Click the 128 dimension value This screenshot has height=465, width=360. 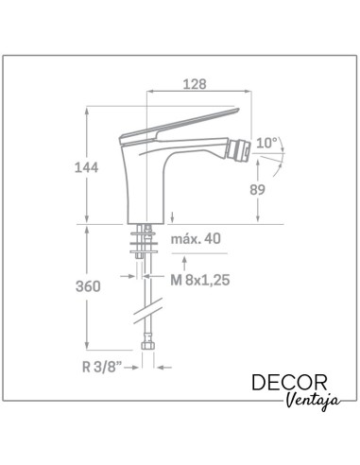point(195,84)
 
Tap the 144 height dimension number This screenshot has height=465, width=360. point(86,167)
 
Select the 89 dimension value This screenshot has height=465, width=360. point(257,190)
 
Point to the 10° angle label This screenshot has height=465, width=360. point(266,143)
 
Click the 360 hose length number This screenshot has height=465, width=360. point(88,286)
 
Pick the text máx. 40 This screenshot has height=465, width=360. point(196,239)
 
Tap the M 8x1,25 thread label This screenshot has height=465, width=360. point(200,280)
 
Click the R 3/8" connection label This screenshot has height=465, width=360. point(102,367)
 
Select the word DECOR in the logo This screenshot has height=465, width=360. point(289,383)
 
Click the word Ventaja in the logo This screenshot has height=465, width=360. point(314,401)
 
